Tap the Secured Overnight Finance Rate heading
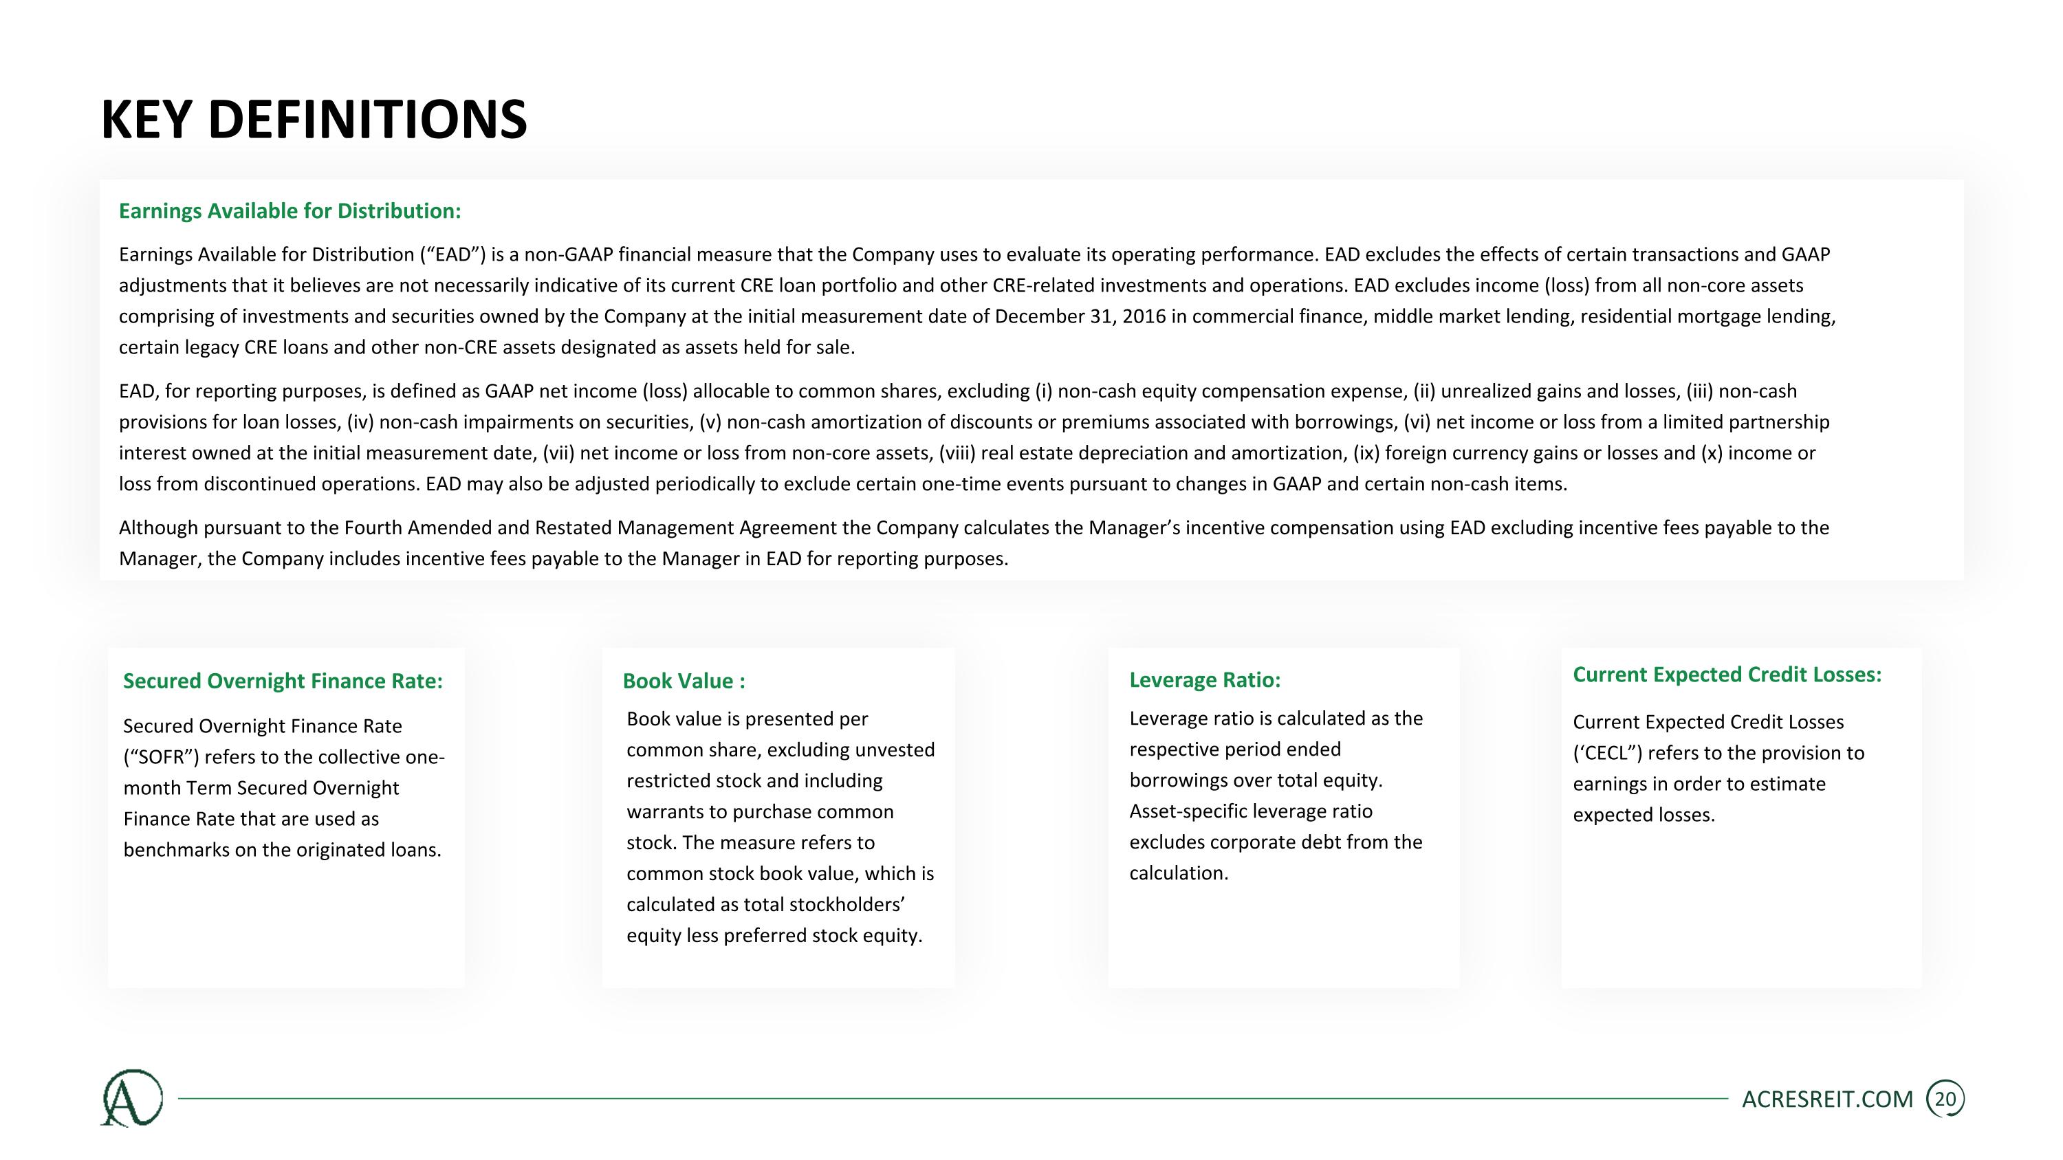[x=282, y=681]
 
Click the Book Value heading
[x=683, y=681]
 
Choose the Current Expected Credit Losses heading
[x=1726, y=674]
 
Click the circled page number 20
[x=1945, y=1099]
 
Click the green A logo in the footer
[x=131, y=1097]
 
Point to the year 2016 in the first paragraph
[x=1144, y=316]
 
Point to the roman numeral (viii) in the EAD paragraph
[x=957, y=453]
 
